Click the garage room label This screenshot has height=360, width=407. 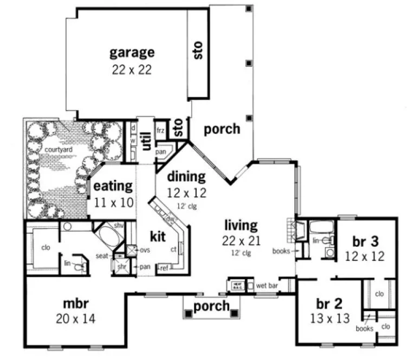pyautogui.click(x=132, y=53)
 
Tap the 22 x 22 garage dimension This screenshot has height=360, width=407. pyautogui.click(x=132, y=69)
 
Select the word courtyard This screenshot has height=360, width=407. pyautogui.click(x=44, y=149)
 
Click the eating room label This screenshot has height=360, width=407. pyautogui.click(x=113, y=186)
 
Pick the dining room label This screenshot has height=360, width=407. pyautogui.click(x=186, y=176)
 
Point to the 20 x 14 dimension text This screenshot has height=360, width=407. pyautogui.click(x=75, y=319)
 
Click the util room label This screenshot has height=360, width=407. pyautogui.click(x=146, y=140)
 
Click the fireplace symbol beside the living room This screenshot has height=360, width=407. pyautogui.click(x=292, y=230)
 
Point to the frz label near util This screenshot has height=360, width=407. pyautogui.click(x=160, y=131)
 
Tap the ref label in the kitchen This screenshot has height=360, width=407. pyautogui.click(x=163, y=267)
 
